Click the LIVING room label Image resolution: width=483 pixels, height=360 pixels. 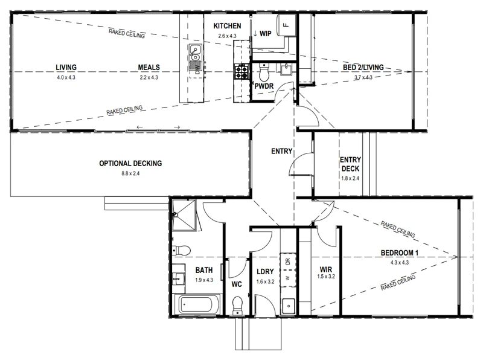pyautogui.click(x=66, y=67)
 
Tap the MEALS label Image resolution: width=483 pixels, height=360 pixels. pyautogui.click(x=149, y=67)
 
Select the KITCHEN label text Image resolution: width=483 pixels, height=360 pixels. pyautogui.click(x=228, y=26)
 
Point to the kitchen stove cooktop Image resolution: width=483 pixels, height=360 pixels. pyautogui.click(x=241, y=72)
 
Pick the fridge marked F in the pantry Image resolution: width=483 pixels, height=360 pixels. pyautogui.click(x=286, y=25)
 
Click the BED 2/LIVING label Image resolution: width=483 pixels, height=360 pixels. pyautogui.click(x=363, y=67)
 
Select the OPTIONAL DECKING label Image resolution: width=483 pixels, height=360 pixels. pyautogui.click(x=130, y=163)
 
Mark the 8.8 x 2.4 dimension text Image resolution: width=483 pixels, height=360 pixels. pyautogui.click(x=130, y=173)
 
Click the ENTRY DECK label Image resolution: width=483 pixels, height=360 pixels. pyautogui.click(x=350, y=164)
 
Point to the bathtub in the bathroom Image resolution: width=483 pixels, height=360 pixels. pyautogui.click(x=197, y=304)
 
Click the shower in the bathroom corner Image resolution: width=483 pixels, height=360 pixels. pyautogui.click(x=184, y=215)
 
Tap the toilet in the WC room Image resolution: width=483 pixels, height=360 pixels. pyautogui.click(x=237, y=305)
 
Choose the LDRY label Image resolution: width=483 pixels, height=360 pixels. pyautogui.click(x=265, y=272)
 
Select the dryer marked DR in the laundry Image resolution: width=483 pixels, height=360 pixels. pyautogui.click(x=288, y=262)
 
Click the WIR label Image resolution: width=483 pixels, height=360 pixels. pyautogui.click(x=326, y=269)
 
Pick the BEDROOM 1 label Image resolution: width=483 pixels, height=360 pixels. pyautogui.click(x=400, y=253)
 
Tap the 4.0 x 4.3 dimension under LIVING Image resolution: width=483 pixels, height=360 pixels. pyautogui.click(x=66, y=77)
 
